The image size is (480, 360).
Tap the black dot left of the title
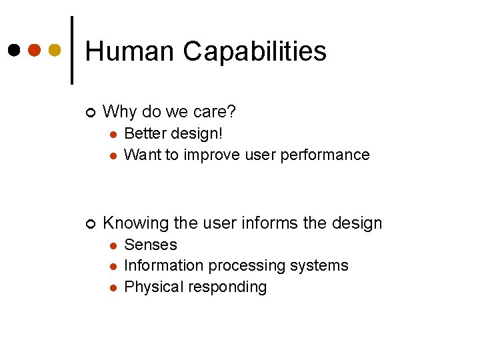coord(14,50)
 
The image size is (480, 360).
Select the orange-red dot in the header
coord(35,50)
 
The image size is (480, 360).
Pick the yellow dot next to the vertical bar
coord(55,50)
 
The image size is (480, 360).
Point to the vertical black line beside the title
coord(72,50)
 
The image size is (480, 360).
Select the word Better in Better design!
coord(145,133)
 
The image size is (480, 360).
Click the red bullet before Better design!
coord(113,134)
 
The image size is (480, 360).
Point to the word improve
coord(213,155)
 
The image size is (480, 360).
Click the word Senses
coord(151,245)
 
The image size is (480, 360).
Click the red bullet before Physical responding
coord(113,287)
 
